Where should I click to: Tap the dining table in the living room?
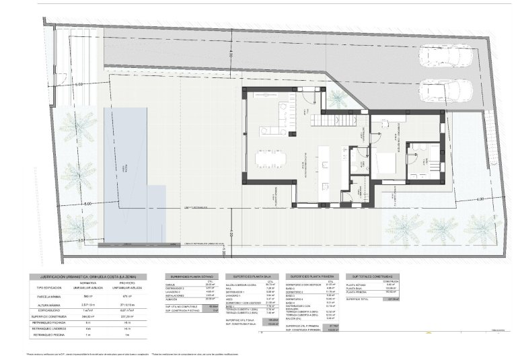[x=270, y=159]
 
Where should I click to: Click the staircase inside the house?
[x=340, y=119]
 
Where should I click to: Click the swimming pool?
[x=133, y=175]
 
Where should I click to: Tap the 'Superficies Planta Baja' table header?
[x=252, y=277]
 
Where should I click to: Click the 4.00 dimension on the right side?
[x=480, y=200]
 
